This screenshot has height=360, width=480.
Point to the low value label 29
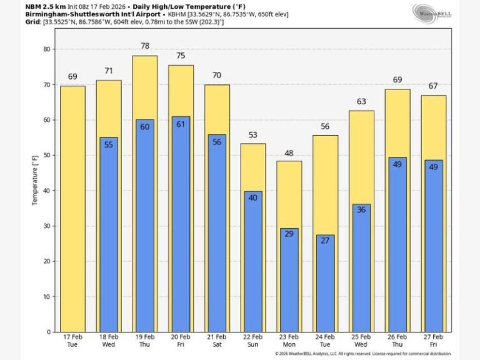coord(289,233)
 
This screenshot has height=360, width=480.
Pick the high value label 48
coord(289,152)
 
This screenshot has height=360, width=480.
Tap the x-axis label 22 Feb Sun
coord(253,342)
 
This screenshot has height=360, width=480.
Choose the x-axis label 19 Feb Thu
coord(144,342)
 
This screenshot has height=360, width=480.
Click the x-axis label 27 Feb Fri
coord(433,342)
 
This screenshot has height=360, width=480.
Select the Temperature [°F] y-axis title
coord(35,181)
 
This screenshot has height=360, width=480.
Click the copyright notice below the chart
coord(362,354)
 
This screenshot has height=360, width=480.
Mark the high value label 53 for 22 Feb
coord(252,135)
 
